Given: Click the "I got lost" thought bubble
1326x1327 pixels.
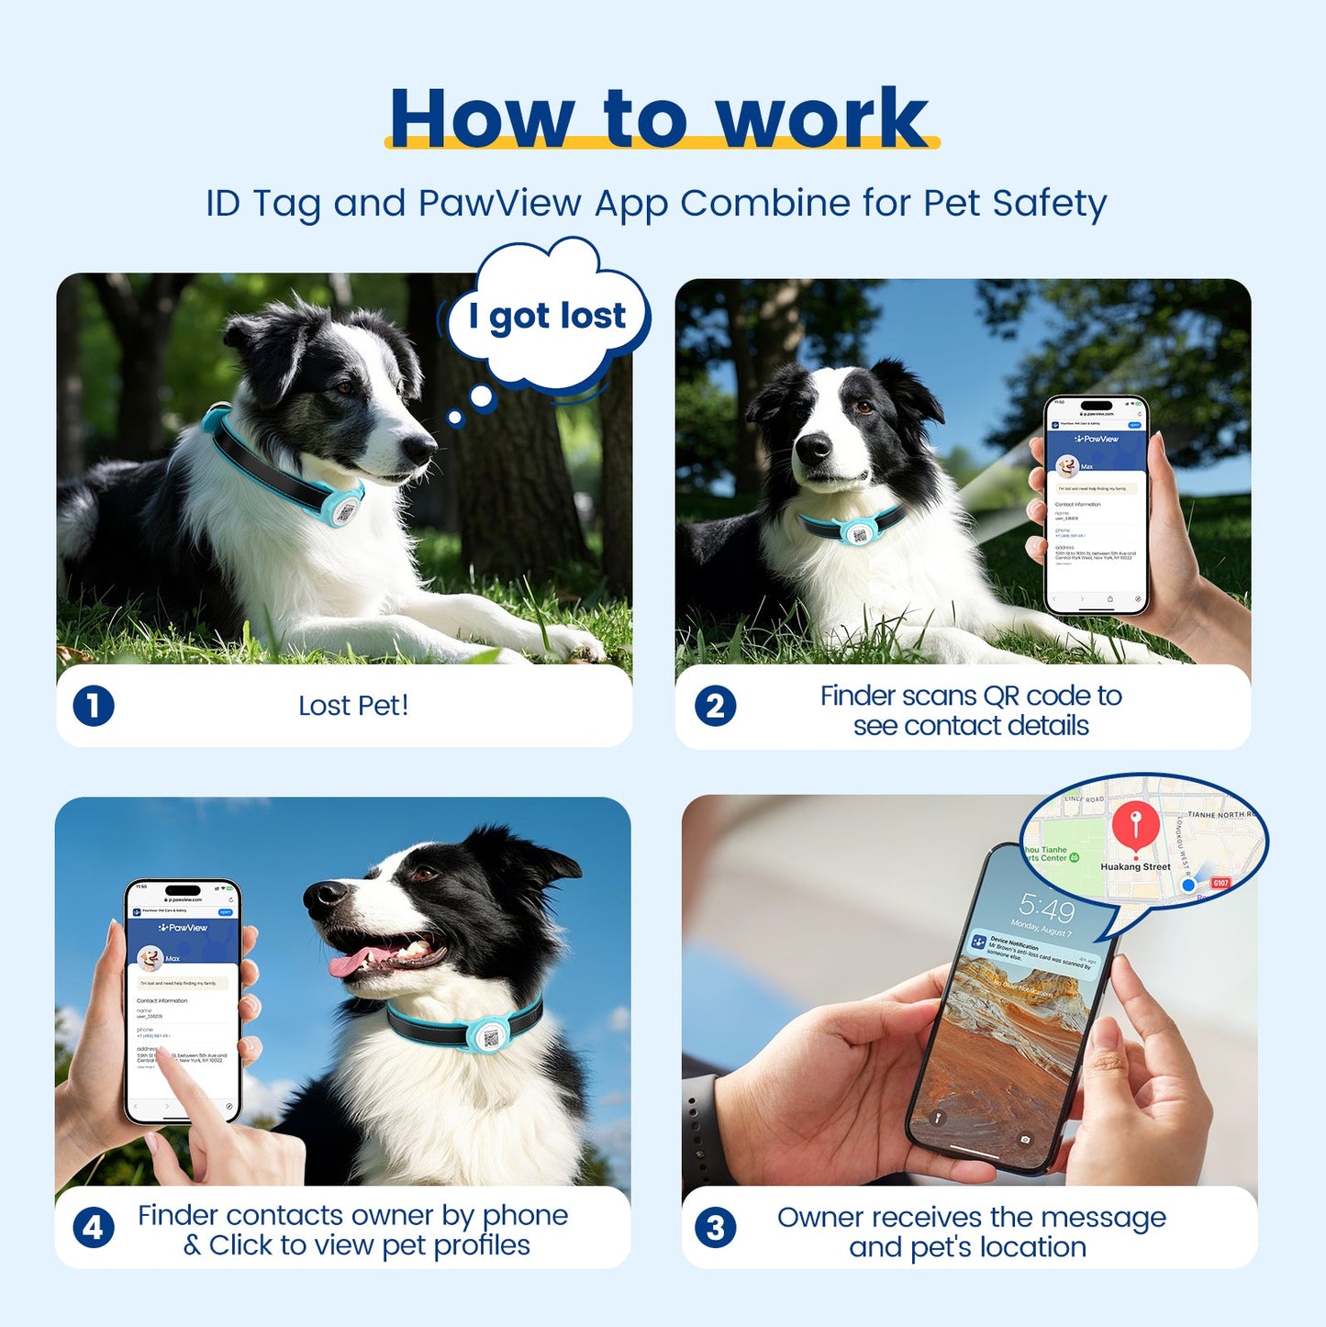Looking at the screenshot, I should pyautogui.click(x=547, y=316).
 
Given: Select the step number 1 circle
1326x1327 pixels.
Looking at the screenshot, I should pyautogui.click(x=94, y=707).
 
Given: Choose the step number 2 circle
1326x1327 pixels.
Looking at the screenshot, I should pyautogui.click(x=716, y=707).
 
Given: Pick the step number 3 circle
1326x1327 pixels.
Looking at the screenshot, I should pyautogui.click(x=716, y=1228).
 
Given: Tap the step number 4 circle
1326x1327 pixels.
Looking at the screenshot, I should pyautogui.click(x=94, y=1228).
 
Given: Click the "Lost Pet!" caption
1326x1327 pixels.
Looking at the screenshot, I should pyautogui.click(x=353, y=706).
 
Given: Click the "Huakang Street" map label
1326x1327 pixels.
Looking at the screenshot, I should pyautogui.click(x=1135, y=866).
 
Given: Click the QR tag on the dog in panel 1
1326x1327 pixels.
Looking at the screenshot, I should pyautogui.click(x=344, y=509).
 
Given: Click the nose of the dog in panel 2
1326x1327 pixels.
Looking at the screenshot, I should pyautogui.click(x=813, y=447).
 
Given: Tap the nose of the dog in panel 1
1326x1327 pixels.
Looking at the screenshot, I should pyautogui.click(x=421, y=449).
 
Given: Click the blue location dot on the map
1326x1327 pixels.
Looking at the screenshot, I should pyautogui.click(x=1188, y=886).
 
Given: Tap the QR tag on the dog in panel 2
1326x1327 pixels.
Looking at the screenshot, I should pyautogui.click(x=858, y=532).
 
